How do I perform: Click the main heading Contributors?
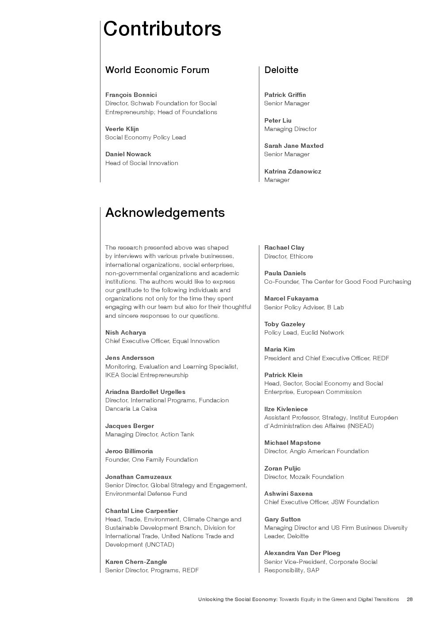[162, 29]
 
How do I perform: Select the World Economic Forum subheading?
[157, 70]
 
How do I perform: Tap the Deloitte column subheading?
[281, 70]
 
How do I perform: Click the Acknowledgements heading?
[165, 212]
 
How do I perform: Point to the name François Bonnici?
[131, 95]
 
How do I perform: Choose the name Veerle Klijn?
[122, 129]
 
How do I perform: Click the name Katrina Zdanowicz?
[293, 171]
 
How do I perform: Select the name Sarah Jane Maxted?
[294, 146]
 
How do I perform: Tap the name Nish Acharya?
[125, 332]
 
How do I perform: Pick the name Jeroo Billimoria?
[129, 451]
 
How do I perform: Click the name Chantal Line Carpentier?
[142, 511]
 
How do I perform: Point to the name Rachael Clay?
[284, 247]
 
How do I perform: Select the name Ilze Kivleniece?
[286, 409]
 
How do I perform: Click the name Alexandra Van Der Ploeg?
[302, 553]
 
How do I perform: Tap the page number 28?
[409, 599]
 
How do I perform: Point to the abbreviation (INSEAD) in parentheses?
[360, 426]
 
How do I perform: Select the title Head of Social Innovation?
[142, 163]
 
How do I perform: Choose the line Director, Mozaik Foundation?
[304, 477]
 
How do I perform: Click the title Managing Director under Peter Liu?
[290, 129]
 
